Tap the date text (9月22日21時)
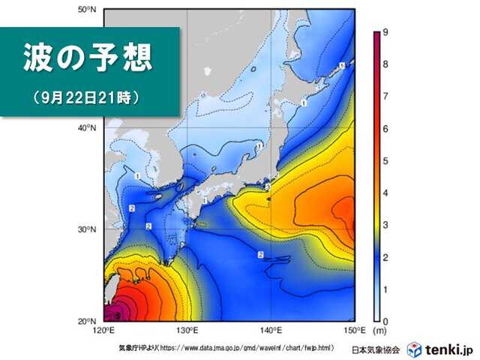tap(87, 97)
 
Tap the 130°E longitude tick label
tap(187, 330)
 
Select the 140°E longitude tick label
tap(271, 330)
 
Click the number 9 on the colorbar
tap(384, 32)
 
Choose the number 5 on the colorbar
tap(384, 160)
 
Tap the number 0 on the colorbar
tap(384, 321)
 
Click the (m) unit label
tap(380, 331)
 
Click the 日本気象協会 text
tap(377, 350)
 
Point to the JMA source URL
tap(232, 349)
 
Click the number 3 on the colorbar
tap(384, 225)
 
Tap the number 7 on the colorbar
tap(384, 97)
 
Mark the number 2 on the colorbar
tap(384, 257)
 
